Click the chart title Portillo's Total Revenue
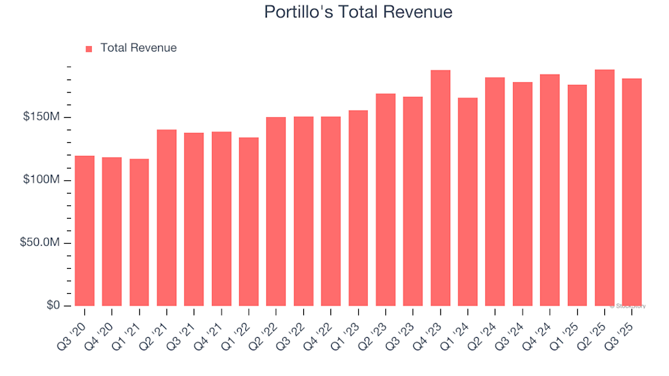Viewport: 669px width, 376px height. [358, 12]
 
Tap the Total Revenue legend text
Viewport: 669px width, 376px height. [138, 48]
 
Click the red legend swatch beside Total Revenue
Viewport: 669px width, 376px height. [89, 49]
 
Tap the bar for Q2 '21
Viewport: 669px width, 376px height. [167, 218]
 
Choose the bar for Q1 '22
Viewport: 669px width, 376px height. [249, 222]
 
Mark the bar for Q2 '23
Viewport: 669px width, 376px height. [385, 200]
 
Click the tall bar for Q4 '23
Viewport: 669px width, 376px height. [440, 188]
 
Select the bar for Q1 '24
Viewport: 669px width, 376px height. [468, 202]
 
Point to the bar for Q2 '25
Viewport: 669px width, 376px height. [604, 188]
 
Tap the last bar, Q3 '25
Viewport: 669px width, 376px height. [631, 192]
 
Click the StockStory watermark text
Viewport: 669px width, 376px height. [629, 306]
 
